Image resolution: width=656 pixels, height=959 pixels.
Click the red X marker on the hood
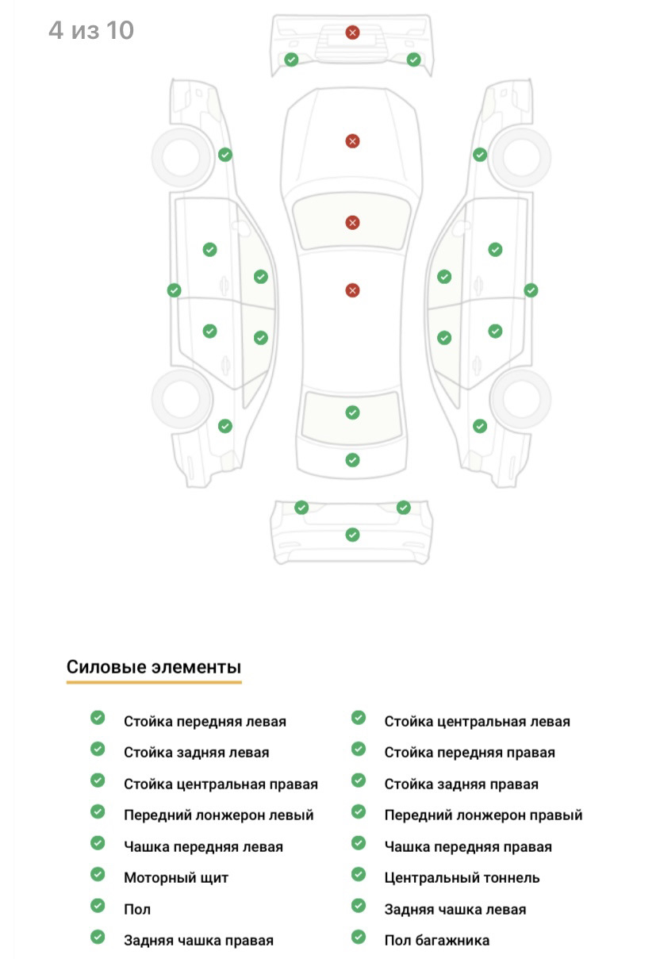(x=352, y=141)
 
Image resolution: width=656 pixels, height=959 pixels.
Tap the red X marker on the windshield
(x=352, y=223)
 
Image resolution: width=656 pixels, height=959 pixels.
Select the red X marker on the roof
(x=352, y=290)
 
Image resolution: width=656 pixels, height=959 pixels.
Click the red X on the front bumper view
(x=352, y=33)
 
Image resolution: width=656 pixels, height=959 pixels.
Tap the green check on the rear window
(x=352, y=412)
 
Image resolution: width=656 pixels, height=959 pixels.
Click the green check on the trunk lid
(x=352, y=460)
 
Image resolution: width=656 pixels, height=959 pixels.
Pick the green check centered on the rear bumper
(x=352, y=535)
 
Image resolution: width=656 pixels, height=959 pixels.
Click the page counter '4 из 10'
(x=91, y=30)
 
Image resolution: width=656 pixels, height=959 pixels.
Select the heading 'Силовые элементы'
(x=154, y=667)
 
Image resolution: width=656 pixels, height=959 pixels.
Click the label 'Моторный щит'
(x=176, y=877)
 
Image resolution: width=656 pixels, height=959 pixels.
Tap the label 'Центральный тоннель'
(x=462, y=877)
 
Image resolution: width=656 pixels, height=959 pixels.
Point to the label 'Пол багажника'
(x=437, y=940)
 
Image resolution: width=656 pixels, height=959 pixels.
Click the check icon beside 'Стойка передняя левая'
(x=98, y=718)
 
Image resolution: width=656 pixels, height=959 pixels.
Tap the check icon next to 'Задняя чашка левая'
(x=359, y=906)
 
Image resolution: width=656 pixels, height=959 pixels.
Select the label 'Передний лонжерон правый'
(x=483, y=815)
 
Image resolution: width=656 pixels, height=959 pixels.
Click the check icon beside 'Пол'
(x=98, y=906)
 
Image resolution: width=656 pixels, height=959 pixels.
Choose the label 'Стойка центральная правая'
(x=221, y=784)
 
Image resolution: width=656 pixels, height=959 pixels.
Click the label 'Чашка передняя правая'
(x=468, y=846)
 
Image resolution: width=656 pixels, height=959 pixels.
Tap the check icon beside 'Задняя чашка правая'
(x=98, y=937)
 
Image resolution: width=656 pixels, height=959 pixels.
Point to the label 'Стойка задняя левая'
(x=197, y=753)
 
